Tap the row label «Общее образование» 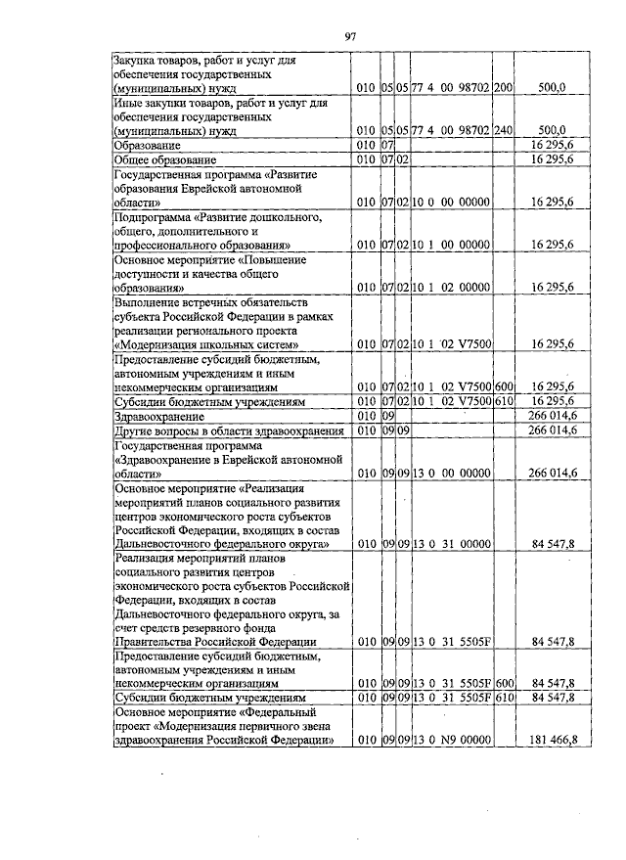(x=164, y=158)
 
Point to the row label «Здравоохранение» (x=152, y=416)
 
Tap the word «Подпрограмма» (x=155, y=215)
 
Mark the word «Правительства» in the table (x=156, y=642)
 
